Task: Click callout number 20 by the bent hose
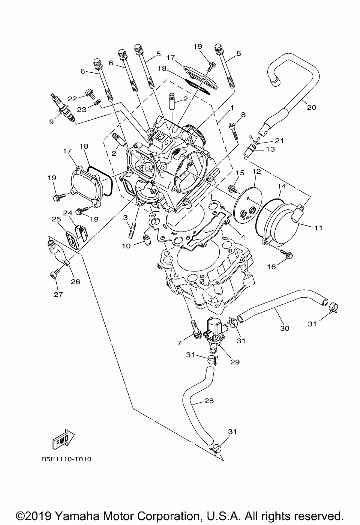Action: tap(312, 107)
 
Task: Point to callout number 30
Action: tap(285, 328)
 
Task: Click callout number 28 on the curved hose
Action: tap(209, 401)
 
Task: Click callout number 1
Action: tap(232, 107)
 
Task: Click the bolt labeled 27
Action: tap(53, 276)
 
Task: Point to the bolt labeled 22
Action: tap(89, 92)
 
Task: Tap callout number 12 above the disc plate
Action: tap(256, 171)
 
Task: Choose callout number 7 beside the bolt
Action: tap(180, 343)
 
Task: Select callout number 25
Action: tap(56, 219)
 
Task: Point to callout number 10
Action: tap(126, 246)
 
